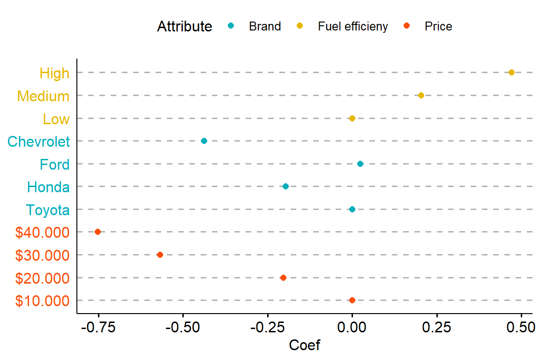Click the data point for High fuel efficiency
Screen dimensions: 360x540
pos(511,72)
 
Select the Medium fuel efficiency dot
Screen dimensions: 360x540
pos(421,95)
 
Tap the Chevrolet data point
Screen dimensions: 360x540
pos(204,141)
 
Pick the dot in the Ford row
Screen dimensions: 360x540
pos(360,164)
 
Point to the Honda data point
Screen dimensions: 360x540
pos(285,186)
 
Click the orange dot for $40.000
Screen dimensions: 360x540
pos(97,232)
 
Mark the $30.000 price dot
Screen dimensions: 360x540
pos(160,255)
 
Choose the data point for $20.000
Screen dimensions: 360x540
pos(283,277)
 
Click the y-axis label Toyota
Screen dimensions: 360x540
pos(48,210)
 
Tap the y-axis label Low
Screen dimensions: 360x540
pos(56,119)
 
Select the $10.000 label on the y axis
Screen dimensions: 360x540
pos(42,301)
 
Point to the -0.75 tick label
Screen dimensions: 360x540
pos(98,327)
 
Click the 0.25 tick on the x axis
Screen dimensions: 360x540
pos(437,327)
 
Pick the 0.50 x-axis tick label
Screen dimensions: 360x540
pos(521,327)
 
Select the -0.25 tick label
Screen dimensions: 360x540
pos(268,327)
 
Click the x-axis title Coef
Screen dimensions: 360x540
pos(305,345)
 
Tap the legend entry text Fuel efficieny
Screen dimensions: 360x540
pos(353,26)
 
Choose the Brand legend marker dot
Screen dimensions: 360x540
pos(231,25)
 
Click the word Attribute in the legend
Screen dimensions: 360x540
pos(184,27)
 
